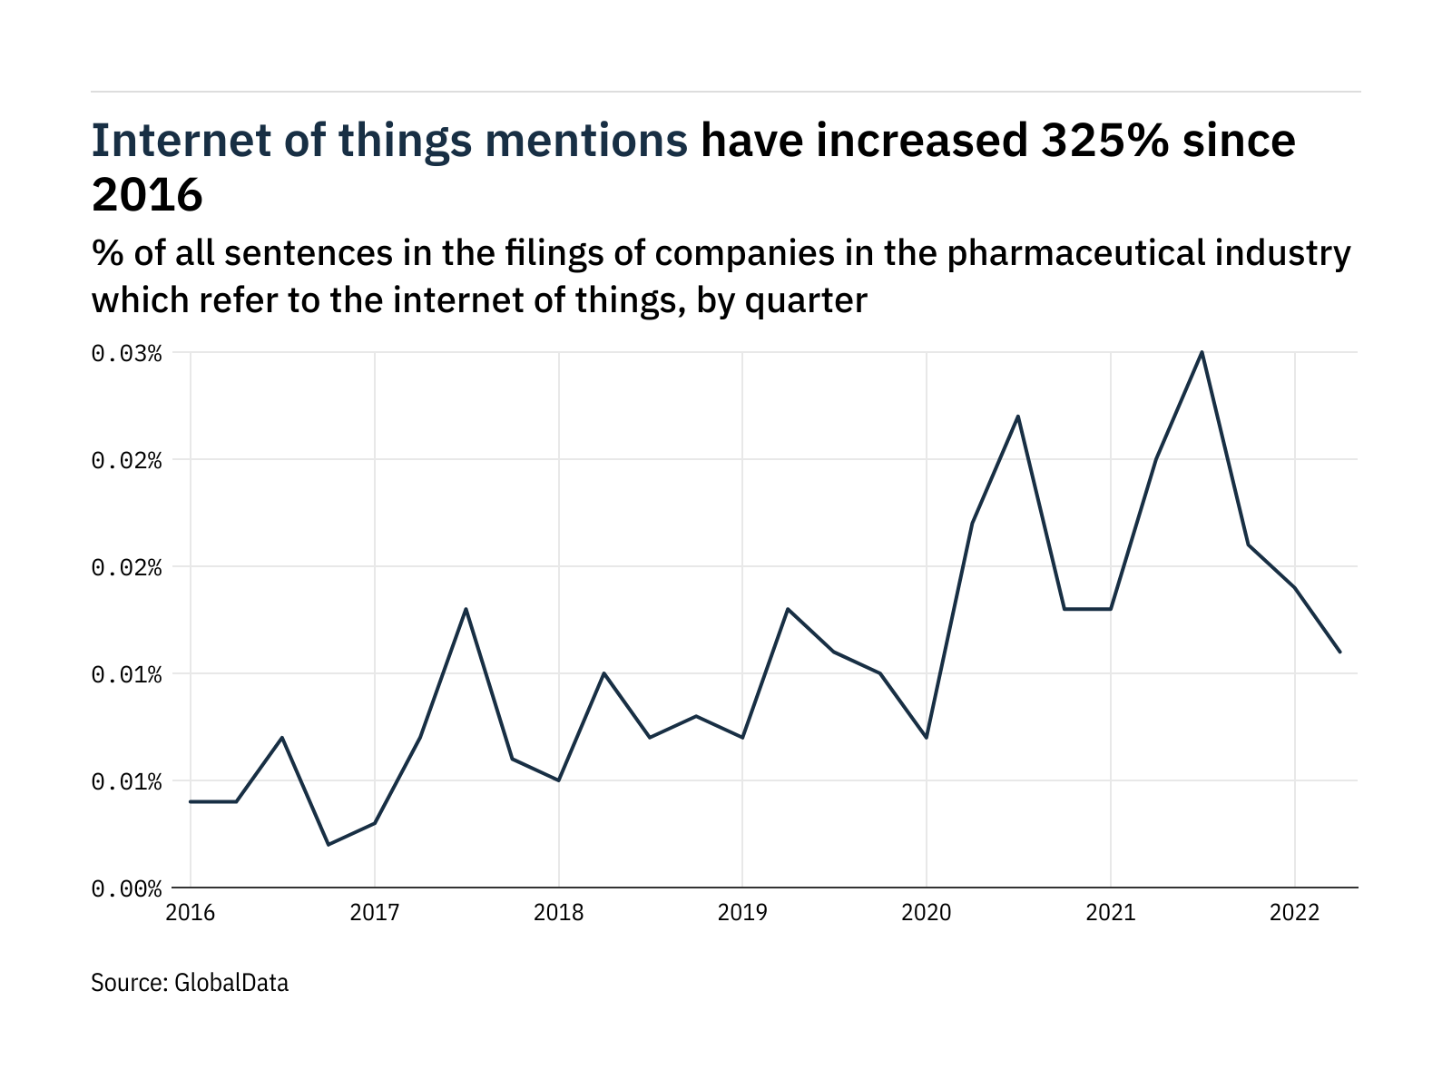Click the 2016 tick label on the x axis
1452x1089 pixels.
(x=191, y=912)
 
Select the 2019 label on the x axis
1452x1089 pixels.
(x=742, y=912)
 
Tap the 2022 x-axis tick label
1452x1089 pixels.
(x=1294, y=912)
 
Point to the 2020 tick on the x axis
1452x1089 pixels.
(x=927, y=912)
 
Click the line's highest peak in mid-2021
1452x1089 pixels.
(x=1202, y=352)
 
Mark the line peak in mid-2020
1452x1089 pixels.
(x=1018, y=417)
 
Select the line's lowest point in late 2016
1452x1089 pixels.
(x=329, y=845)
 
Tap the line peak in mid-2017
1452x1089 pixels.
(x=466, y=609)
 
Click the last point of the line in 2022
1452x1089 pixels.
(x=1339, y=652)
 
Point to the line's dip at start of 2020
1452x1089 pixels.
(x=927, y=737)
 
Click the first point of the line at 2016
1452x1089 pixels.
(x=191, y=801)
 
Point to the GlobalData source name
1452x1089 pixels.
(x=231, y=983)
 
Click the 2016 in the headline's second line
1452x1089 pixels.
(x=147, y=194)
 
